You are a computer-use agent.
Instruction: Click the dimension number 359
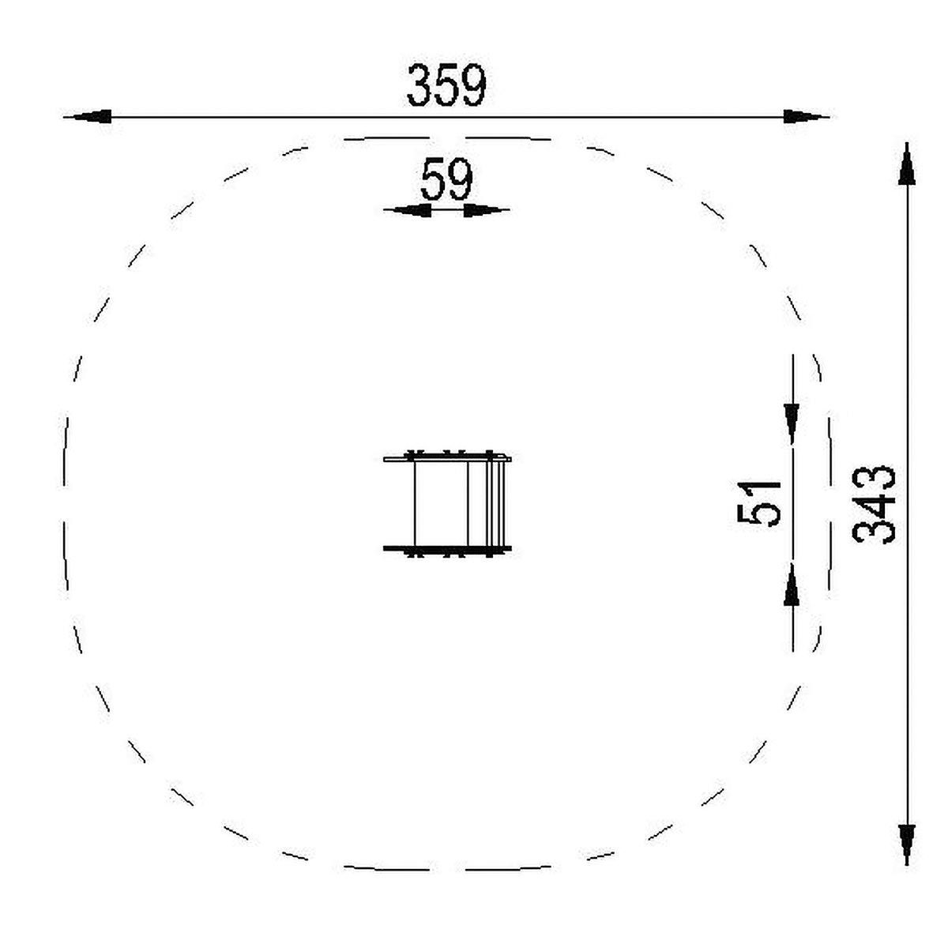coord(446,85)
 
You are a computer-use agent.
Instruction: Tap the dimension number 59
coord(446,179)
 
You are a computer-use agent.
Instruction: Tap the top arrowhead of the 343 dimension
coord(907,164)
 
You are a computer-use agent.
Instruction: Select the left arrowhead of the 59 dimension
coord(408,210)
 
